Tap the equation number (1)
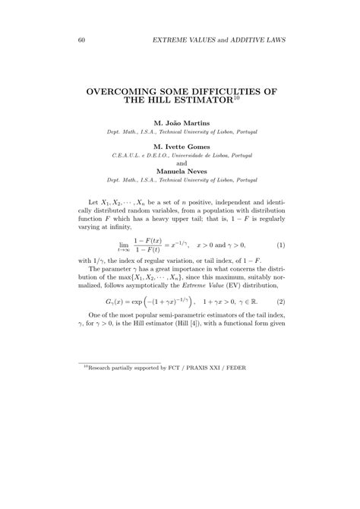tap(280, 245)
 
